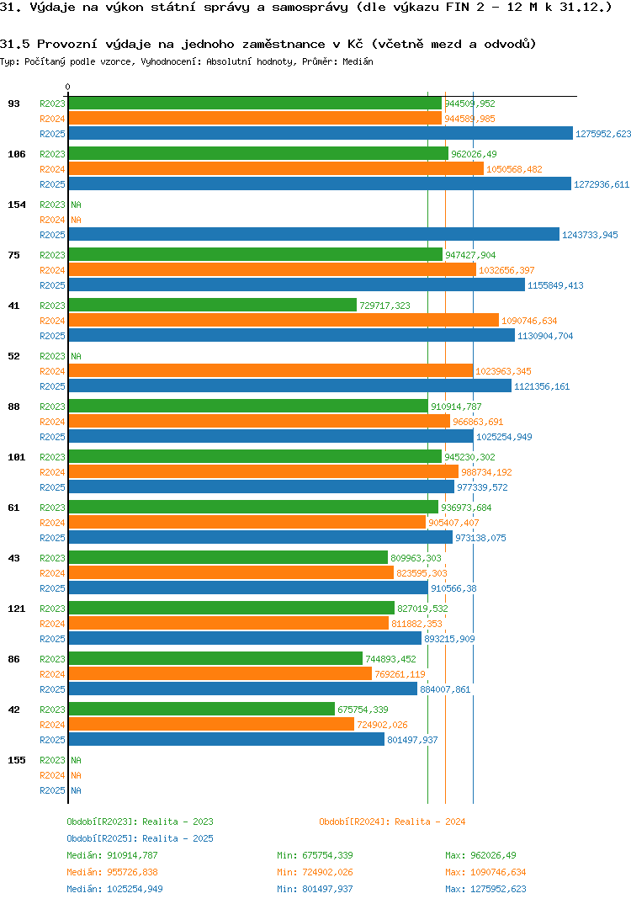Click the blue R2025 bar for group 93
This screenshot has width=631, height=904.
(320, 134)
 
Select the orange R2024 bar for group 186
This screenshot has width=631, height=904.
(276, 169)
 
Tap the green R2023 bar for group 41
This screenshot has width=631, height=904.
(212, 306)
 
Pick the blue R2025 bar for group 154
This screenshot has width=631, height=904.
(313, 235)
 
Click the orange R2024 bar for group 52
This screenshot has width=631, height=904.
(270, 371)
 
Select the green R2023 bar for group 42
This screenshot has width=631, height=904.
(201, 710)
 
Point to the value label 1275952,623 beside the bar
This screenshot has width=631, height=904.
(602, 134)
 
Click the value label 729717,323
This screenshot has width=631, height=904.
(384, 306)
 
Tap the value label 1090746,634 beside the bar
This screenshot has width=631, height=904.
(529, 321)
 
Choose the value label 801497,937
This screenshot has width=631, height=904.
(412, 740)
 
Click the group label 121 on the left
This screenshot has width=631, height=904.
(16, 609)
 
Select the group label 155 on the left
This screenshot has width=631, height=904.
(16, 760)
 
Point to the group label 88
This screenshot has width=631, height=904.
(13, 407)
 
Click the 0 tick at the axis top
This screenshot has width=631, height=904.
(68, 87)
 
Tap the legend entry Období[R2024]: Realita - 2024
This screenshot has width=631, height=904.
(392, 822)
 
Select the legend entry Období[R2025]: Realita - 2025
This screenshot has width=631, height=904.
(140, 838)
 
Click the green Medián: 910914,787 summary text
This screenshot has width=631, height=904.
(112, 855)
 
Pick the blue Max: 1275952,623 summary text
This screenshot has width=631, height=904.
(485, 889)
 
